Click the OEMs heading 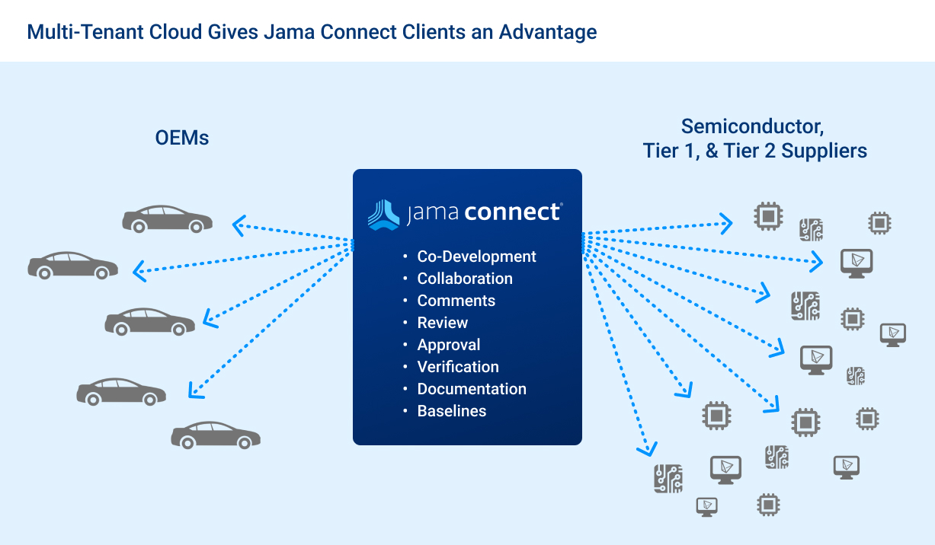(x=181, y=138)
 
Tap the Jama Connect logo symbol (x=383, y=213)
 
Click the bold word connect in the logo (x=512, y=212)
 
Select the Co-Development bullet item (x=476, y=257)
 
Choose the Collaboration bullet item (x=465, y=279)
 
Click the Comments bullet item (x=456, y=301)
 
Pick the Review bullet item (x=442, y=323)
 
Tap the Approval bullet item (x=448, y=345)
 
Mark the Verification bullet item (x=457, y=367)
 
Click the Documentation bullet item (x=471, y=389)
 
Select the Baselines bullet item (x=451, y=411)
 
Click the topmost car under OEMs (x=167, y=219)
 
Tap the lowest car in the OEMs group (x=216, y=435)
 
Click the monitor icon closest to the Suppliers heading (x=856, y=263)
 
